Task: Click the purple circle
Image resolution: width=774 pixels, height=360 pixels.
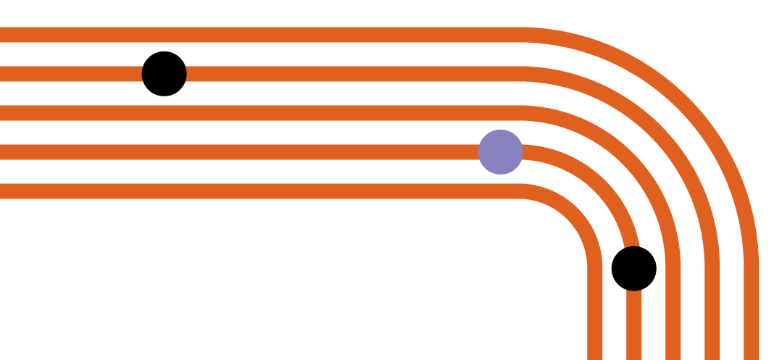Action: [x=500, y=152]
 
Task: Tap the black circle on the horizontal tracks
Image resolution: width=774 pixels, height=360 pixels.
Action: [x=165, y=74]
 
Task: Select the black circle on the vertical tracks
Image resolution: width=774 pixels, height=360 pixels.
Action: [x=634, y=269]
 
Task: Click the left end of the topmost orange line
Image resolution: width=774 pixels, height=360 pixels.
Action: [x=2, y=35]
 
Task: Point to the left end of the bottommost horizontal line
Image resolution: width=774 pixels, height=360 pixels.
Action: [x=2, y=191]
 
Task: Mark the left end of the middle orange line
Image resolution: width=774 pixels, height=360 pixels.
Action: [x=2, y=113]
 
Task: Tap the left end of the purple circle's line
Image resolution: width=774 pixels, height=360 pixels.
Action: [x=2, y=152]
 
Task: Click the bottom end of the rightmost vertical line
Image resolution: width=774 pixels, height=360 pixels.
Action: [x=752, y=357]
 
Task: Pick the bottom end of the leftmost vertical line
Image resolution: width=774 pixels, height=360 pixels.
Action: [x=595, y=357]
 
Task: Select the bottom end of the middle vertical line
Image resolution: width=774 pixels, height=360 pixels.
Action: [x=673, y=357]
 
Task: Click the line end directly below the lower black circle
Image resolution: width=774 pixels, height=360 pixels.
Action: [x=634, y=357]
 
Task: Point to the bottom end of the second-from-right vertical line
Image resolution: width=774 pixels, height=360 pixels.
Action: [x=712, y=357]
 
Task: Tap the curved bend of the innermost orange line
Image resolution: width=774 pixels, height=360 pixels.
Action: [x=574, y=212]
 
